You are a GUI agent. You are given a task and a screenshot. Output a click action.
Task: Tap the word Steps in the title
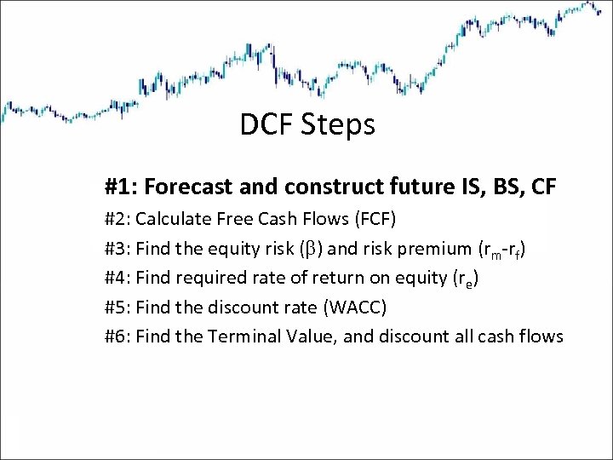[x=338, y=125]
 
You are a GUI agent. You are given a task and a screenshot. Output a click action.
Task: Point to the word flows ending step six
[x=541, y=336]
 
